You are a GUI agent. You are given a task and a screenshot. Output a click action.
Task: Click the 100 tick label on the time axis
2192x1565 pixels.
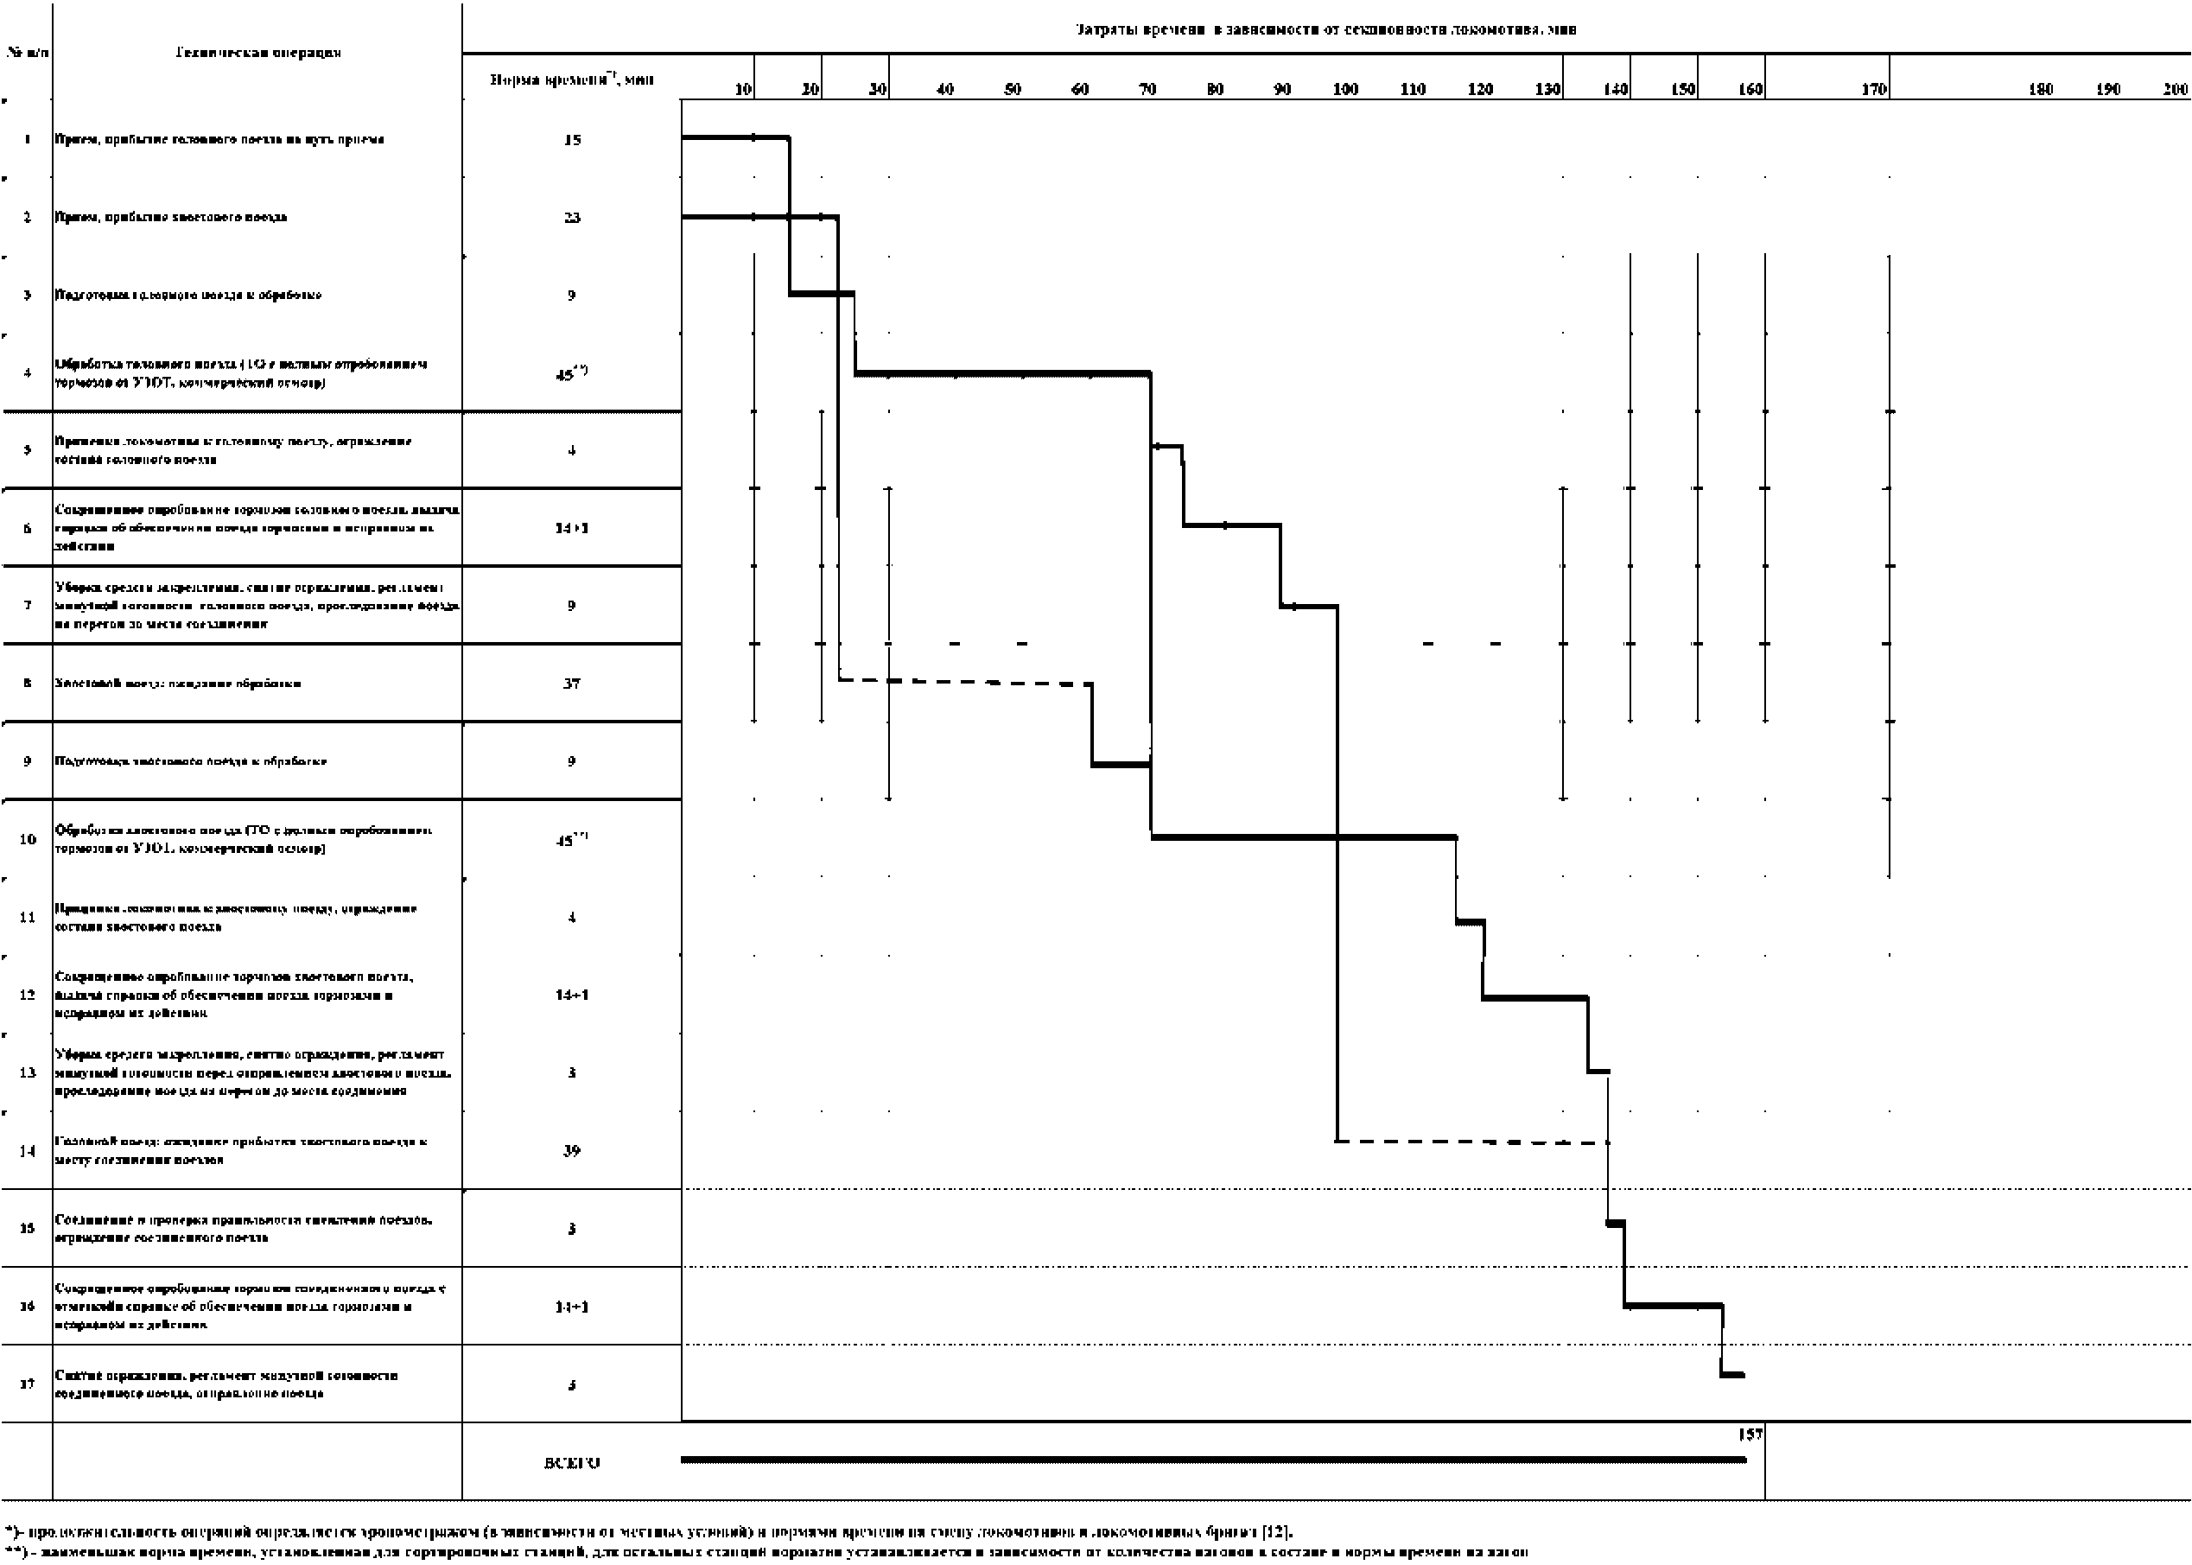pyautogui.click(x=1345, y=90)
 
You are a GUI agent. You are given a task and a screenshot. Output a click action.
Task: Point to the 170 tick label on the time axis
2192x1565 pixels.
pyautogui.click(x=1873, y=90)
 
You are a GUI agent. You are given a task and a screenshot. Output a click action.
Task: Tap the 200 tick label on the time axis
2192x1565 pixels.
pyautogui.click(x=2175, y=90)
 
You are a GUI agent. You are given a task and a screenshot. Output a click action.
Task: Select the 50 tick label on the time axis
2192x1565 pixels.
pyautogui.click(x=1012, y=90)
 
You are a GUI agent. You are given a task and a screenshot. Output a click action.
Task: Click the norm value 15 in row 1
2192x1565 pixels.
pyautogui.click(x=571, y=140)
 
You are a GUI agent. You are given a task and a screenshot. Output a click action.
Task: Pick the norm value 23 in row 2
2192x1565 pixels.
pyautogui.click(x=571, y=218)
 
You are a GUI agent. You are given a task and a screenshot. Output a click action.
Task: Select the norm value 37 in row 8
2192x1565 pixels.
pyautogui.click(x=571, y=684)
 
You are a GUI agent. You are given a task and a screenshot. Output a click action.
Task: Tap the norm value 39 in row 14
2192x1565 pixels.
pyautogui.click(x=571, y=1150)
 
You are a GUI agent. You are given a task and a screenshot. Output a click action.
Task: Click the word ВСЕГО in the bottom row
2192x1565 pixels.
pyautogui.click(x=571, y=1463)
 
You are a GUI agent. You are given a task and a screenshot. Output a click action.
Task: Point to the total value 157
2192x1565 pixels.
pyautogui.click(x=1750, y=1434)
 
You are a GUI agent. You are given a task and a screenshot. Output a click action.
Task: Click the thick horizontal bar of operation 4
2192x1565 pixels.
pyautogui.click(x=1002, y=373)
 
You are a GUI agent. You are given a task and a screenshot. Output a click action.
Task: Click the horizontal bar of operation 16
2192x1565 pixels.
pyautogui.click(x=1673, y=1306)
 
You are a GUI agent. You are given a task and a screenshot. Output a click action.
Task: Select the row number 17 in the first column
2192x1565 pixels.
pyautogui.click(x=27, y=1384)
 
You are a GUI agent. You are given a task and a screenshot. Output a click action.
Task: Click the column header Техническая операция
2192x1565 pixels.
pyautogui.click(x=257, y=53)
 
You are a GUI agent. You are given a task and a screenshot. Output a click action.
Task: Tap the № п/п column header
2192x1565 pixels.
pyautogui.click(x=27, y=53)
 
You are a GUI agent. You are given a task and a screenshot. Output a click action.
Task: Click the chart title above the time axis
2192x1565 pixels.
pyautogui.click(x=1325, y=30)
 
